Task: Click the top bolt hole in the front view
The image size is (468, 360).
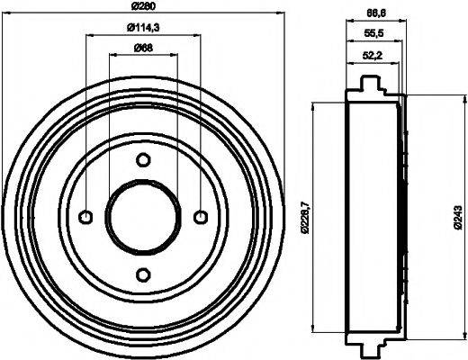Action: click(x=143, y=160)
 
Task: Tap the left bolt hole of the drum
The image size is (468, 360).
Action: click(x=86, y=216)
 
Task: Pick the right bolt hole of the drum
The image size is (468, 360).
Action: click(x=200, y=216)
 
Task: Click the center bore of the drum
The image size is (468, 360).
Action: click(x=143, y=217)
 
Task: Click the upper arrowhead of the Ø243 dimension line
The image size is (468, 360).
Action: click(x=441, y=96)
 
